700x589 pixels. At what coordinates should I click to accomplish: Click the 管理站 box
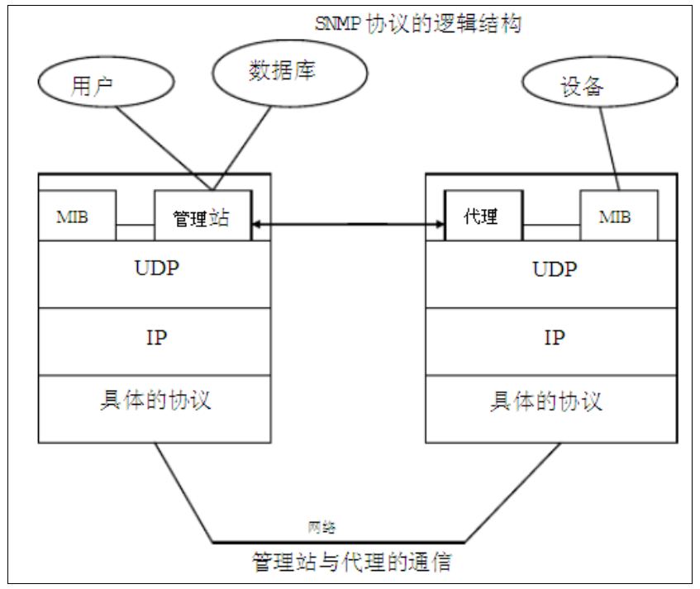[202, 217]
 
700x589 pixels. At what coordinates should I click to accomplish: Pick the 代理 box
[483, 216]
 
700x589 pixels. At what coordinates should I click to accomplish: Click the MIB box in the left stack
[76, 216]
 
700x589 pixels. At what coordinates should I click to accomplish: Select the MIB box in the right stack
[618, 216]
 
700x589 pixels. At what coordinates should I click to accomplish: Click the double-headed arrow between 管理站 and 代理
[348, 223]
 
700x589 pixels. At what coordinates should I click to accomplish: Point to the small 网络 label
[322, 527]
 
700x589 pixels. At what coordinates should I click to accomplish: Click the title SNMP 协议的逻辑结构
[418, 23]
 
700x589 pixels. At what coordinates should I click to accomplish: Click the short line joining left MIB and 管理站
[135, 225]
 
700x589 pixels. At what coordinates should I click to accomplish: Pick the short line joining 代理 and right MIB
[551, 225]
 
